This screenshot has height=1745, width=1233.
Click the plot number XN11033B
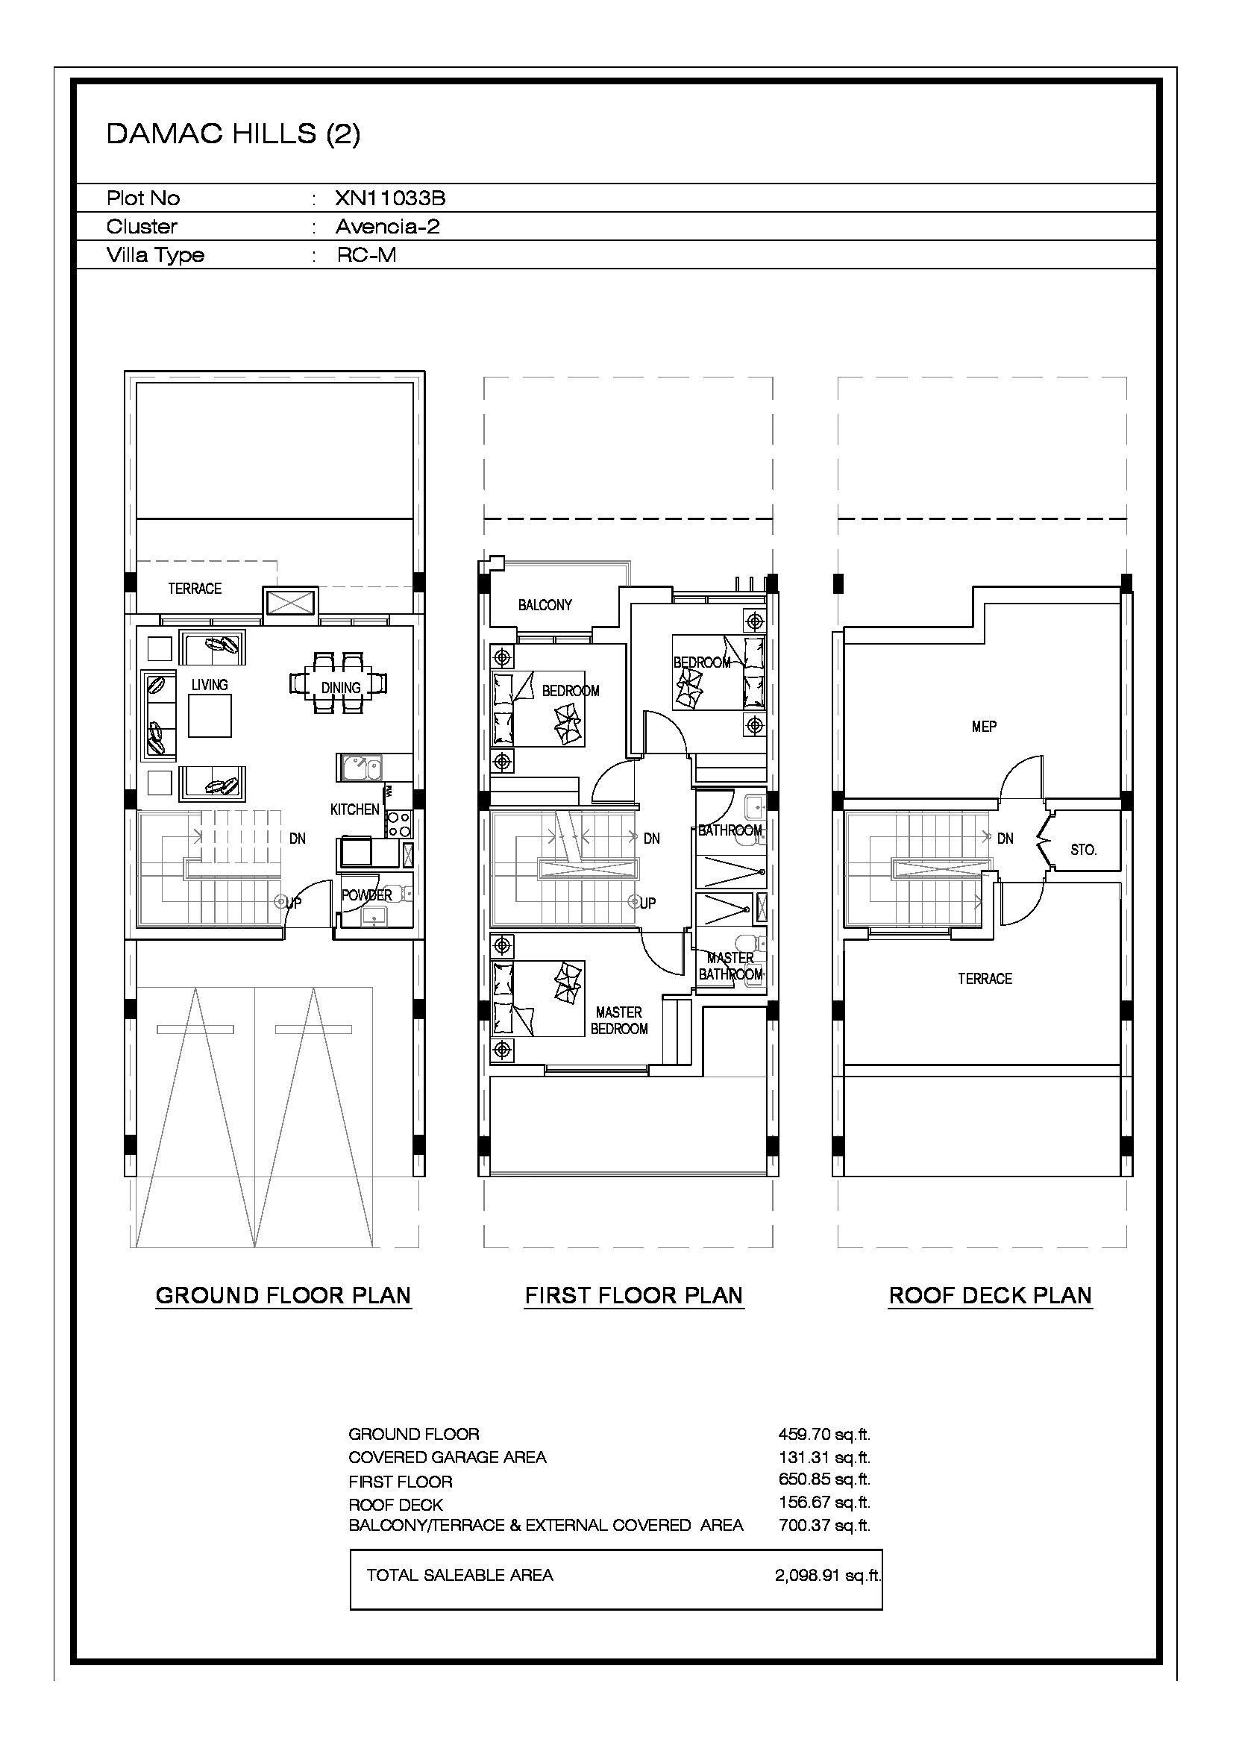(x=389, y=198)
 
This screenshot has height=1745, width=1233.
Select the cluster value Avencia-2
(x=387, y=227)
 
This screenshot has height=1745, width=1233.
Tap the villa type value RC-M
(x=366, y=254)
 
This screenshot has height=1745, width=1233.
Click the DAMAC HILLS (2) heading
(x=233, y=134)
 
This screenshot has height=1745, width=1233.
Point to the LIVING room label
(x=210, y=685)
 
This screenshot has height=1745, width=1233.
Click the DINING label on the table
(x=341, y=688)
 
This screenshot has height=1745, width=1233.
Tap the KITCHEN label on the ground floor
(x=355, y=809)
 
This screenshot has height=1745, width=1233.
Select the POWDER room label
(x=367, y=895)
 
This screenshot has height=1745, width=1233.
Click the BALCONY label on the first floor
(x=545, y=605)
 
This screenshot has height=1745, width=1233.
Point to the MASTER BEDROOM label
(x=619, y=1021)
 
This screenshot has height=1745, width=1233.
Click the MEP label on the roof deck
(x=984, y=727)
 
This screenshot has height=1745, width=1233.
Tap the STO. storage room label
(x=1083, y=850)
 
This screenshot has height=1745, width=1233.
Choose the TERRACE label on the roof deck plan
(x=985, y=979)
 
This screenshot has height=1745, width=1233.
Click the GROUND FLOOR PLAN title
(x=283, y=1295)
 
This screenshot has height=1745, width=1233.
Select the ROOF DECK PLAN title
(x=991, y=1295)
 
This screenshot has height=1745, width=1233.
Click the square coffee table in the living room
(x=210, y=716)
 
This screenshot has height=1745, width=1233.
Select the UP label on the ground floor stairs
(x=293, y=903)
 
